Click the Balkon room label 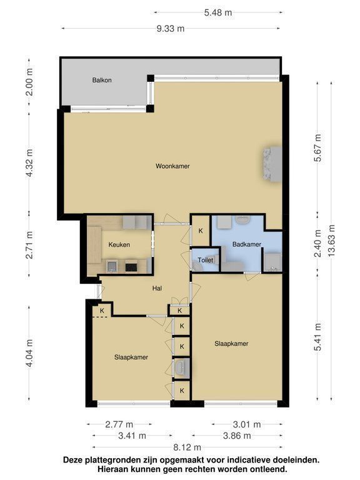click(x=102, y=80)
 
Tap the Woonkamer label click(x=172, y=166)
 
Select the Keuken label click(x=119, y=244)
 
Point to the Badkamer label click(x=247, y=244)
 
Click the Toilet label click(x=206, y=260)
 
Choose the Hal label click(x=157, y=288)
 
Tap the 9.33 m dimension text click(x=171, y=29)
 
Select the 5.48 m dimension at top click(x=218, y=12)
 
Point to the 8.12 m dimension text click(x=187, y=447)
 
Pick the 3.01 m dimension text click(x=247, y=424)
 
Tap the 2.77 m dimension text click(x=119, y=424)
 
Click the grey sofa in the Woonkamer click(x=272, y=164)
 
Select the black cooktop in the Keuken click(x=132, y=266)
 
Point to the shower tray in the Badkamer click(x=272, y=262)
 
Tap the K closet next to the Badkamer click(x=201, y=231)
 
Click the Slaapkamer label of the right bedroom click(x=231, y=344)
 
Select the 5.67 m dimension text click(x=318, y=147)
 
